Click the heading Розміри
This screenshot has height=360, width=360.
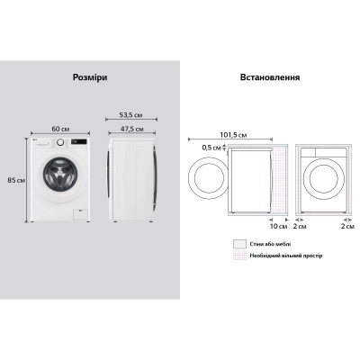point(89,78)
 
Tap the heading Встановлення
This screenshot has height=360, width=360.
point(269,78)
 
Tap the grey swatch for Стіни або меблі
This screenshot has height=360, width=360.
point(238,243)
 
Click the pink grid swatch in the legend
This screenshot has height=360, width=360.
point(238,256)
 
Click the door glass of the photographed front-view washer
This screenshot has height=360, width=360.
point(62,175)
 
